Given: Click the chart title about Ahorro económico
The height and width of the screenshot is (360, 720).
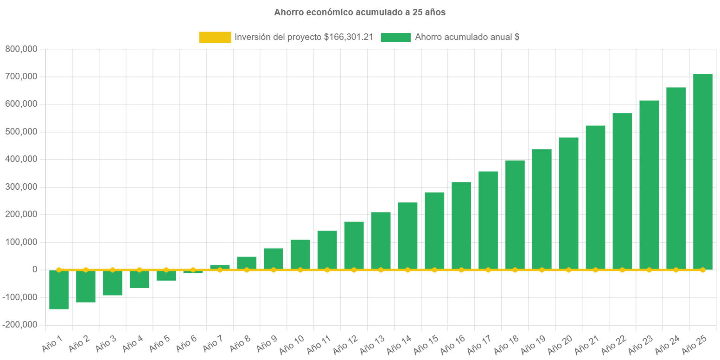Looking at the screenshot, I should click(x=360, y=13).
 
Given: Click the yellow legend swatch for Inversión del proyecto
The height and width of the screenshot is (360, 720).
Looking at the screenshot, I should click(x=215, y=38).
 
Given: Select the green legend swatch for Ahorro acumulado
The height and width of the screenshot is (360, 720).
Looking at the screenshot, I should click(x=395, y=38).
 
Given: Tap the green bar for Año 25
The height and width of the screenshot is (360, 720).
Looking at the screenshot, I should click(x=702, y=172).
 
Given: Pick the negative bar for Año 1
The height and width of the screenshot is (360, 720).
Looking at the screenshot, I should click(x=59, y=290).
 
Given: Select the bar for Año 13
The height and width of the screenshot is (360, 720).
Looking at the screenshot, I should click(x=381, y=241).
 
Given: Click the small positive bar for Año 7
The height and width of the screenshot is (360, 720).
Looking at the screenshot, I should click(x=220, y=267).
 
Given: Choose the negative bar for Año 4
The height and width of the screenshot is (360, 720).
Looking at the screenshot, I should click(x=139, y=279).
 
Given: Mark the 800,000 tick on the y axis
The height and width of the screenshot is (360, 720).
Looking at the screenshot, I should click(x=20, y=49).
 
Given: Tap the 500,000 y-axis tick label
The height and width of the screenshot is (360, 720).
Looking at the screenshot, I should click(x=20, y=132).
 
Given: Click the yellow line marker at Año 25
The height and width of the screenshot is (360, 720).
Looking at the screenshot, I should click(x=702, y=270).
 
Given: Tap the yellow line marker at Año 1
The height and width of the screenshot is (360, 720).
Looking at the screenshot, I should click(x=59, y=270).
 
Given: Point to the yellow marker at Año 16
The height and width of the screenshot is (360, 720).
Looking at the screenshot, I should click(x=461, y=270).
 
